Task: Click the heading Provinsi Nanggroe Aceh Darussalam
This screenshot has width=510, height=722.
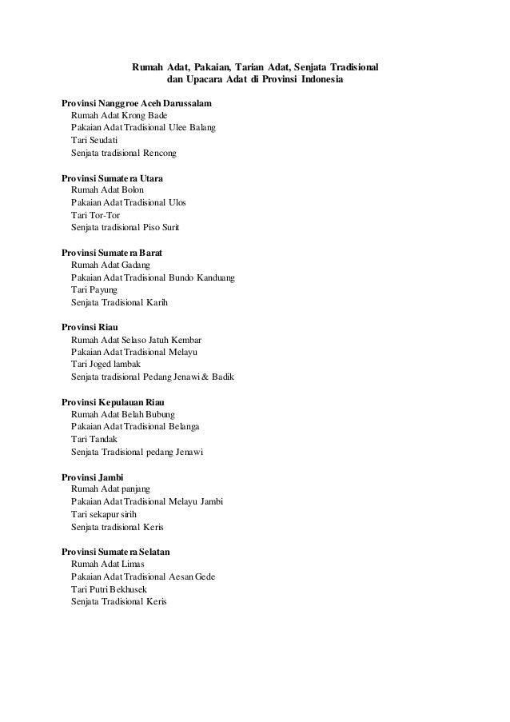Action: (137, 104)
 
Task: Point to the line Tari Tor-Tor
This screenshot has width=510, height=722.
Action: (93, 215)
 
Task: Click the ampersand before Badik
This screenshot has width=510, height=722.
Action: (205, 377)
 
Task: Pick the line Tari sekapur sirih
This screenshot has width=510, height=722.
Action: (104, 514)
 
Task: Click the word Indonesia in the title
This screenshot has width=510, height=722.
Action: (320, 81)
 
